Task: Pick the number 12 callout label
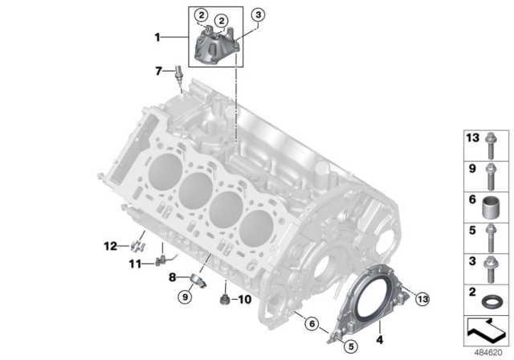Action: point(110,245)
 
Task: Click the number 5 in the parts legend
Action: point(471,230)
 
